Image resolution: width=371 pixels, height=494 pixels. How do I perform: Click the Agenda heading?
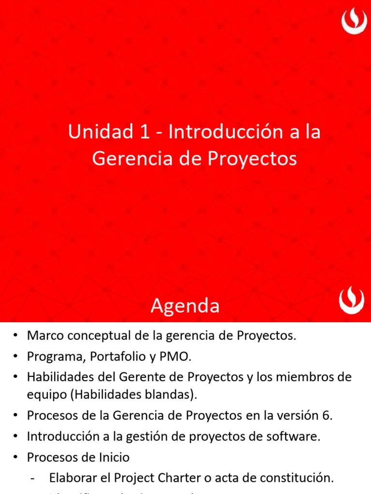185,306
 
